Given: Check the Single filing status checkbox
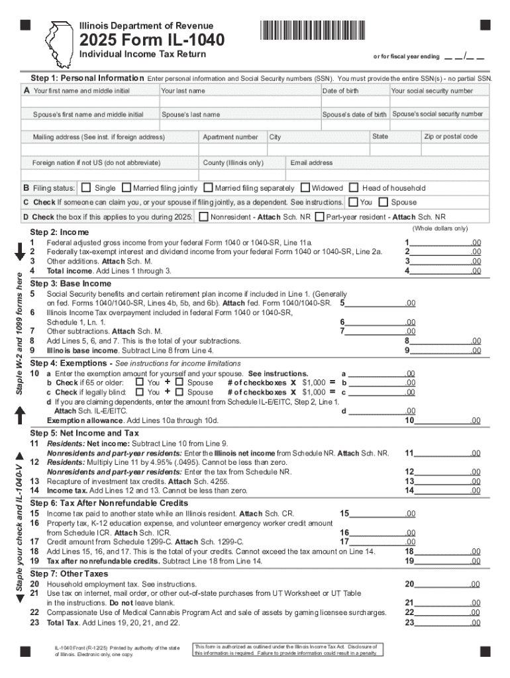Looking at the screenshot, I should (x=87, y=188).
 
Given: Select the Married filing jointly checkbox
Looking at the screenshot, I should (x=127, y=188).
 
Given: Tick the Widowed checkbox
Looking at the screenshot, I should (x=305, y=188).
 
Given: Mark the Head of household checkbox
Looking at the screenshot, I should (x=355, y=188).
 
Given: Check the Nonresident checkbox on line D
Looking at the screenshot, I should (x=203, y=217).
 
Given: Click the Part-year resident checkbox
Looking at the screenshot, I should (x=320, y=217).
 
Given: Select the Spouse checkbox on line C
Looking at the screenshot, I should (x=383, y=202).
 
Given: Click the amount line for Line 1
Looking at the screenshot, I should (x=440, y=243).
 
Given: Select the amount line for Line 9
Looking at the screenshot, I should (x=440, y=350).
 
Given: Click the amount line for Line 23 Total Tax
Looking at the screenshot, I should (x=440, y=622).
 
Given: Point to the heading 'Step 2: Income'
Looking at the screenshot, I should (x=60, y=232).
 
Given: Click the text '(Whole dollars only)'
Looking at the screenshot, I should (x=440, y=228).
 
